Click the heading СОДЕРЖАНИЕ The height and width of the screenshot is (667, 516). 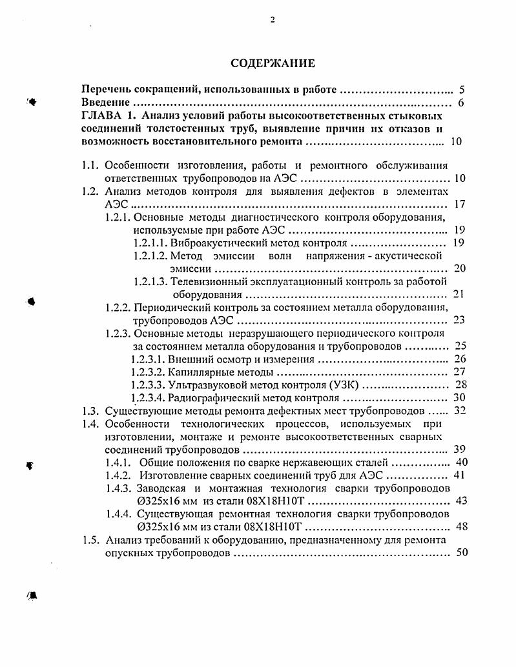pos(273,63)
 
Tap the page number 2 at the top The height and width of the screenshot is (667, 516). pos(273,19)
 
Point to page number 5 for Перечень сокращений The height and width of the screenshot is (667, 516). pos(461,90)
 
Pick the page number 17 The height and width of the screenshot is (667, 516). pos(460,204)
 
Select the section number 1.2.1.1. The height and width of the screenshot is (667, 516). pos(150,243)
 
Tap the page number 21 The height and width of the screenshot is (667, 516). pos(459,294)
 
